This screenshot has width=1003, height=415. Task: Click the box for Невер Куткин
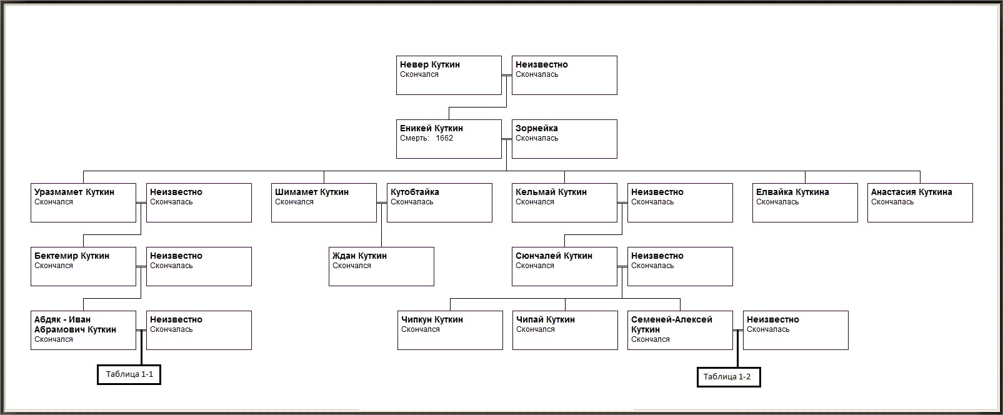(449, 75)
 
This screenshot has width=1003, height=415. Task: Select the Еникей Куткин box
(449, 139)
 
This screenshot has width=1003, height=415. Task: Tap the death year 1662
(444, 138)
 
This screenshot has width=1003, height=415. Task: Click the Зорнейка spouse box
(564, 139)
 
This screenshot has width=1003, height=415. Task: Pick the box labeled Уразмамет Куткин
(83, 202)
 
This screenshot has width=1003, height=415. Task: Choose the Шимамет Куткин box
(324, 202)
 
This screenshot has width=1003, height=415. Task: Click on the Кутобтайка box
(439, 202)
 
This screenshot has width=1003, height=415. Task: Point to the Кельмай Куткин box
(564, 202)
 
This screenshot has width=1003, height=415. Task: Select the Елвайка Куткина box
(805, 202)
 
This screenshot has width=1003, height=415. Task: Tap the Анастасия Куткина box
(920, 202)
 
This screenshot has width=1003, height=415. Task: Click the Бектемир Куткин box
(83, 266)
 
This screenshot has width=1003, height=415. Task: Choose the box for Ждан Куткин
(381, 266)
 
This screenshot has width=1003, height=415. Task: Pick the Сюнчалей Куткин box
(564, 266)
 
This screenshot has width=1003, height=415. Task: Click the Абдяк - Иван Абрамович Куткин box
(83, 331)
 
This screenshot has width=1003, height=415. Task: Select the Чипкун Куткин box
(450, 331)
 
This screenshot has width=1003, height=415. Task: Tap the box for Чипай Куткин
(565, 331)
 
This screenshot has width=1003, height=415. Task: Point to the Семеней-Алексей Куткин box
(680, 331)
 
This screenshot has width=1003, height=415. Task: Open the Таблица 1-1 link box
(129, 375)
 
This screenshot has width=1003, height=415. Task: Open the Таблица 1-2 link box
(729, 377)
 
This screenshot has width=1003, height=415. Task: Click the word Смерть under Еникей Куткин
(414, 138)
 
